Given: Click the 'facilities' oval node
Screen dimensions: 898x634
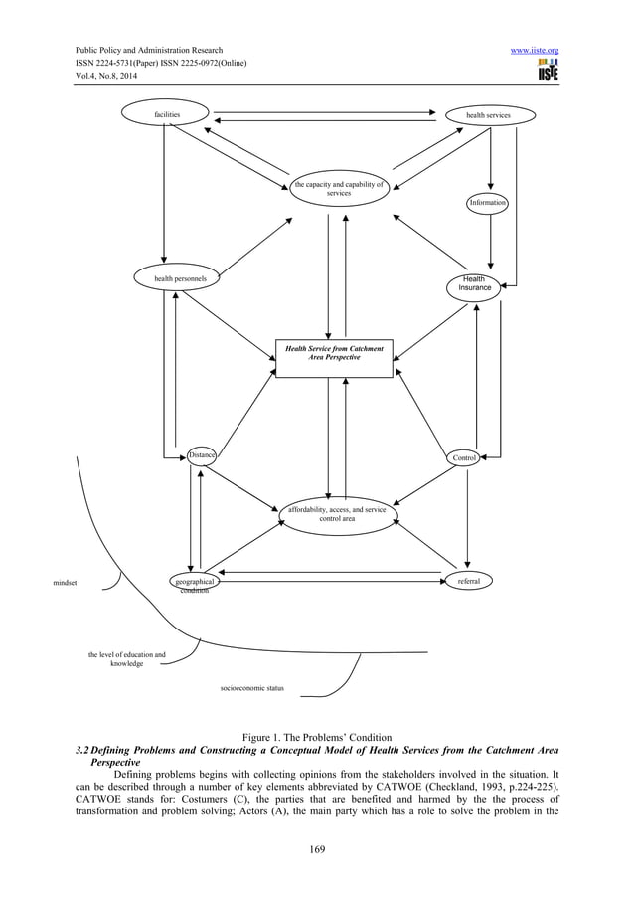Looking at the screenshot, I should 167,115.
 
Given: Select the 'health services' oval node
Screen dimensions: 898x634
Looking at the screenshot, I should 489,115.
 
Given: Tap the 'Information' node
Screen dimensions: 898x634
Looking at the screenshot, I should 488,203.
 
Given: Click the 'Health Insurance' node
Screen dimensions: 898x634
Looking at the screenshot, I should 475,285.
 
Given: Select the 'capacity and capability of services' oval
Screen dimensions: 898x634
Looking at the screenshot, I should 338,188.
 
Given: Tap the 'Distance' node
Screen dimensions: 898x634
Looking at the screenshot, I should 202,455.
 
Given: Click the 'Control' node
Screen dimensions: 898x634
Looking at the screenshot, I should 464,457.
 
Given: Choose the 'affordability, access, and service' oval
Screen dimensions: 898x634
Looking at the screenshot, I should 337,514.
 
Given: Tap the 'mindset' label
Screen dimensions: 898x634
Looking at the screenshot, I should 67,582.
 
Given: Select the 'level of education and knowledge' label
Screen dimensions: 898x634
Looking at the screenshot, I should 127,659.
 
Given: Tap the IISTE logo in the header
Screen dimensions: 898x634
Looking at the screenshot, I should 545,70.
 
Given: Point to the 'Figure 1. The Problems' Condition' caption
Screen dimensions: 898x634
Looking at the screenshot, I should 317,736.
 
